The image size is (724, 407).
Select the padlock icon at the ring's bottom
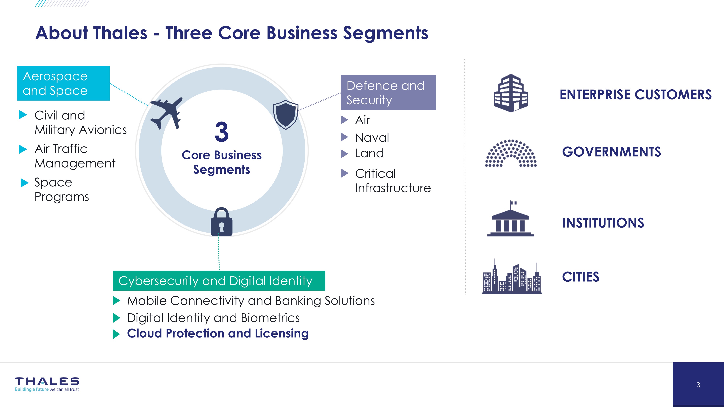pyautogui.click(x=222, y=222)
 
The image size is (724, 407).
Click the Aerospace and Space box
pyautogui.click(x=63, y=83)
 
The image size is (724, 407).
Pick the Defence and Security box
pyautogui.click(x=388, y=92)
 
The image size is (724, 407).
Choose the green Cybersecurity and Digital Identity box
pyautogui.click(x=219, y=281)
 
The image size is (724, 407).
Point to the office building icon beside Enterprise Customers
pyautogui.click(x=511, y=93)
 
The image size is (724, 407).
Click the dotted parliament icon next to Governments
pyautogui.click(x=511, y=153)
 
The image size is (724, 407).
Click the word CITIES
pyautogui.click(x=580, y=277)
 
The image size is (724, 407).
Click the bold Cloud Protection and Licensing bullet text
pyautogui.click(x=218, y=333)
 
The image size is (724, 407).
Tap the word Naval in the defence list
pyautogui.click(x=372, y=138)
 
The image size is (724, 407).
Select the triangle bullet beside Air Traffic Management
pyautogui.click(x=23, y=149)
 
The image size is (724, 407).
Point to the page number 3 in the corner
pyautogui.click(x=698, y=385)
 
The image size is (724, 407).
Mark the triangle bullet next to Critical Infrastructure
pyautogui.click(x=345, y=173)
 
